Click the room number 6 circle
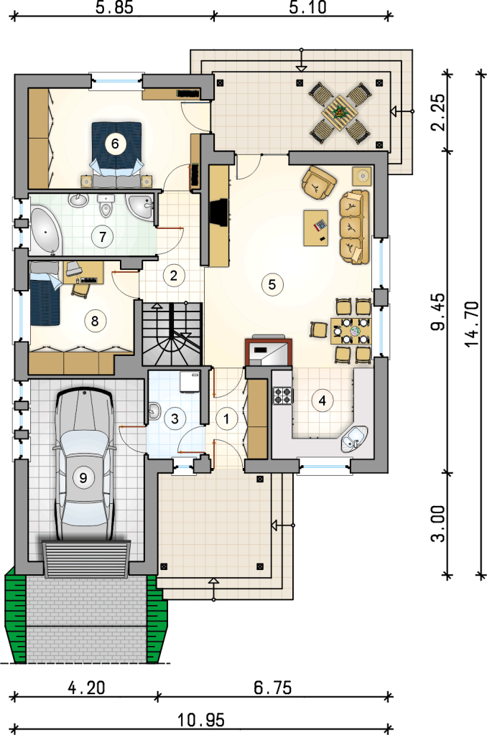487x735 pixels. click(x=115, y=144)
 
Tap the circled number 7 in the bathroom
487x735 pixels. click(x=103, y=236)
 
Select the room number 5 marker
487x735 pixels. click(x=272, y=284)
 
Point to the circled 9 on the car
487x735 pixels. click(x=83, y=477)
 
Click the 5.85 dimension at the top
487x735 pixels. click(x=114, y=8)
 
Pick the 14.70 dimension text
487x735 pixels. click(x=472, y=324)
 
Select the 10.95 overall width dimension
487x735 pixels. click(x=201, y=720)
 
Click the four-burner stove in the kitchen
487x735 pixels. click(x=283, y=395)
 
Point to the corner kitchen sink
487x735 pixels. click(x=354, y=439)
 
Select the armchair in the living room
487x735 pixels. click(x=319, y=183)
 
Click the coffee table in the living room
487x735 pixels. click(x=316, y=228)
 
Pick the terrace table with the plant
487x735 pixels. click(x=339, y=113)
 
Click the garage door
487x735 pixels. click(x=86, y=558)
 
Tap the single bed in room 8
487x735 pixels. click(x=45, y=294)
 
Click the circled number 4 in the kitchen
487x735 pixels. click(x=323, y=401)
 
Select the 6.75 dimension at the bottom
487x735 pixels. click(x=272, y=688)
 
